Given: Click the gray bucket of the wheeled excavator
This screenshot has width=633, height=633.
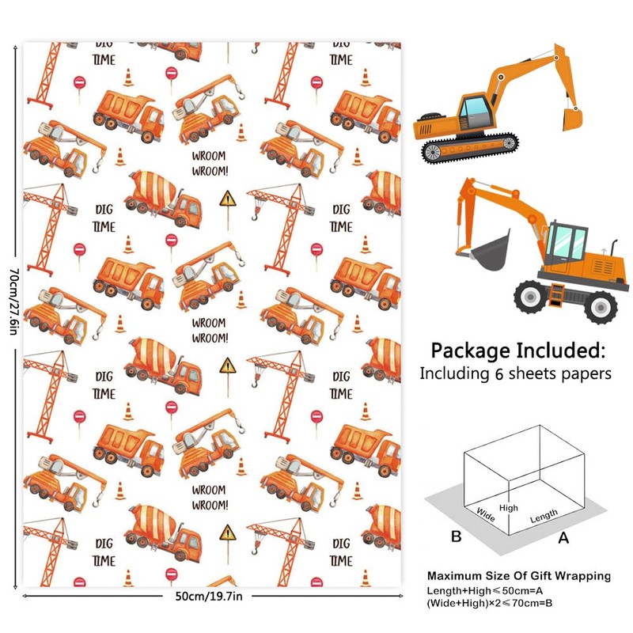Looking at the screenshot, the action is (x=491, y=248).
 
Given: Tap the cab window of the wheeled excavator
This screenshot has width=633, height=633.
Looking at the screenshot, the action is (x=568, y=238).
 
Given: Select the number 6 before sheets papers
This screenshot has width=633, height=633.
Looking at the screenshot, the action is (x=490, y=373).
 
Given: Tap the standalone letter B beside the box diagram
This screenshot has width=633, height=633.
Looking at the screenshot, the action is (x=456, y=536).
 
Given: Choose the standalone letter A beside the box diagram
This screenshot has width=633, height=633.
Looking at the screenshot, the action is (x=563, y=538).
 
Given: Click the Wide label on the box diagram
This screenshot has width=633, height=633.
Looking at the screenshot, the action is (x=486, y=514).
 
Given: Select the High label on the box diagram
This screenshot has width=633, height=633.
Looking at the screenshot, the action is (x=509, y=508).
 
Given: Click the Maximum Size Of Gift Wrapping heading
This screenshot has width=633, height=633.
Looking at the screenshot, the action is (x=518, y=576).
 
